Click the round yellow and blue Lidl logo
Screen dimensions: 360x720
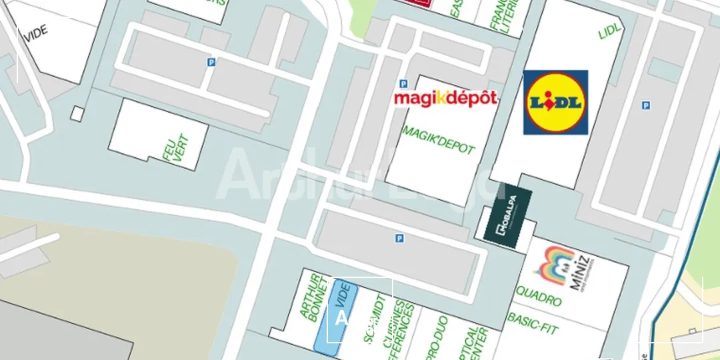coord(555,102)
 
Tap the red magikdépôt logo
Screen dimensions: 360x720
coord(445,98)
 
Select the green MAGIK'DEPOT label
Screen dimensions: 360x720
coord(438,139)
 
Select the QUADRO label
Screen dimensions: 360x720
coord(538,298)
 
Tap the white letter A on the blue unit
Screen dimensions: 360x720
coord(341,318)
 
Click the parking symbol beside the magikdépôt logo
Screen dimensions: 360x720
coord(403,84)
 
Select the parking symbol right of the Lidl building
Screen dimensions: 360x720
coord(645,105)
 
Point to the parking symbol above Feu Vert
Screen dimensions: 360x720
coord(211,62)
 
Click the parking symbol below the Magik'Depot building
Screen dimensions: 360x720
coord(399,238)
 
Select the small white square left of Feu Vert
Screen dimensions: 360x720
coord(77,113)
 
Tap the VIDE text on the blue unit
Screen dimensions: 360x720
coord(344,294)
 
